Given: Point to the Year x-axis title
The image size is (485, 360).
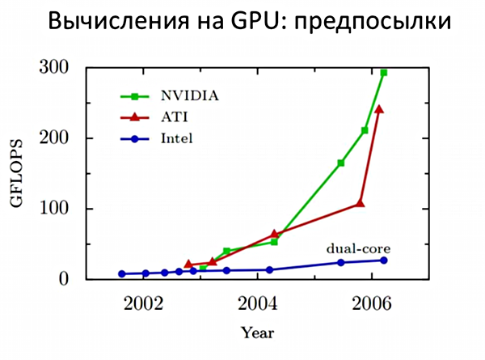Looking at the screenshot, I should (257, 332).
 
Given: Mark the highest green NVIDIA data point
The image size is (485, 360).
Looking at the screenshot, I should (384, 73).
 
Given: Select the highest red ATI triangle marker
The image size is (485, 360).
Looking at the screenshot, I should (378, 109).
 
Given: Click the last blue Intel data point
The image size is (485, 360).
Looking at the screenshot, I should (384, 260).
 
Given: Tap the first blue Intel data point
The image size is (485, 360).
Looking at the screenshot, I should (121, 273).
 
